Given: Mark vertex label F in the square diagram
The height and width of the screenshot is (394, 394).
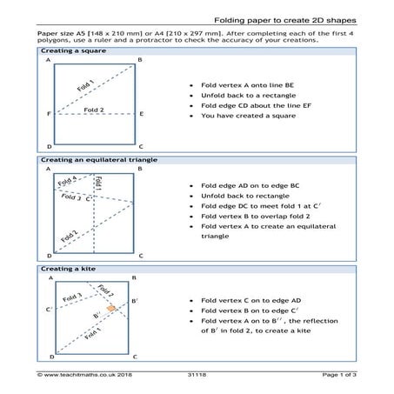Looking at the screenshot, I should point(48,114).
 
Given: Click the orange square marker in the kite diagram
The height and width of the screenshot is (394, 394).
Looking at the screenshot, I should point(111,308).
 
